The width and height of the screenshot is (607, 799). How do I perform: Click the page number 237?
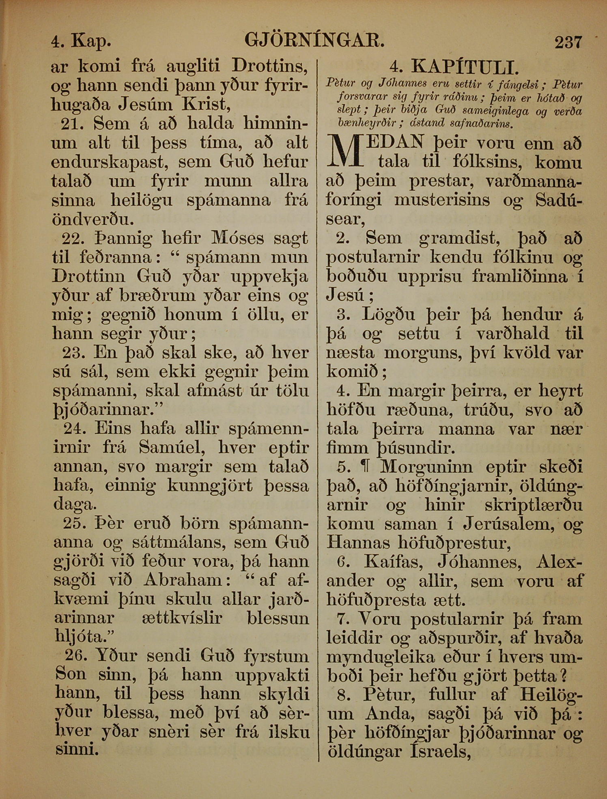(x=568, y=42)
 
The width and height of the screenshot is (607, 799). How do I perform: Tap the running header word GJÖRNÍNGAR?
(x=314, y=41)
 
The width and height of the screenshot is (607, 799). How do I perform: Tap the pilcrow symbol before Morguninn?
(x=367, y=467)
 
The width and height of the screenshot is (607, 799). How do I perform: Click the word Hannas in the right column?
(x=358, y=543)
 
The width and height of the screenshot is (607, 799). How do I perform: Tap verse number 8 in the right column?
(x=344, y=695)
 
